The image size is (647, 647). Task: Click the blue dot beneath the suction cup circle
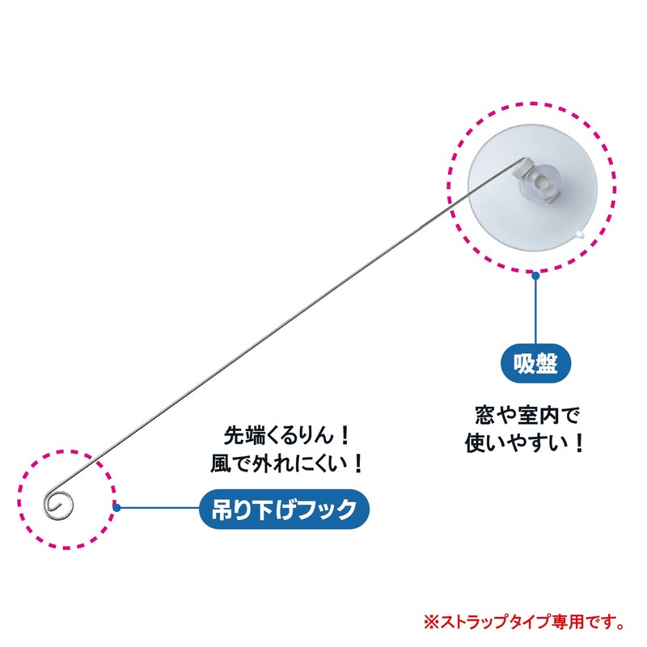(x=535, y=276)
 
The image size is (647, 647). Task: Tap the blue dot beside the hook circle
(x=117, y=509)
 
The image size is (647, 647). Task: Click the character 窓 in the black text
(x=484, y=416)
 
